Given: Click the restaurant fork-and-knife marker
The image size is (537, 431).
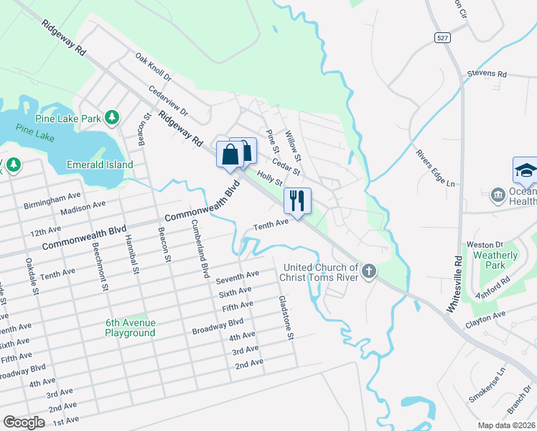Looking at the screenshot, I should point(297,200).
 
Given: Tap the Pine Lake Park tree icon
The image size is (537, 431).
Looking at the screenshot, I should point(111,116).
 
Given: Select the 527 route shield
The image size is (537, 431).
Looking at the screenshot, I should point(443,36).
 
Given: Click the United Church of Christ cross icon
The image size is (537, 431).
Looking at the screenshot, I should point(369,272).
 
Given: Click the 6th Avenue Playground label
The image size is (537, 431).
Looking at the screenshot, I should point(130,328).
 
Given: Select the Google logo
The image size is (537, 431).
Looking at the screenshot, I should point(24,422).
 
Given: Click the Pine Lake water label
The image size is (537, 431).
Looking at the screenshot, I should point(35,131).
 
